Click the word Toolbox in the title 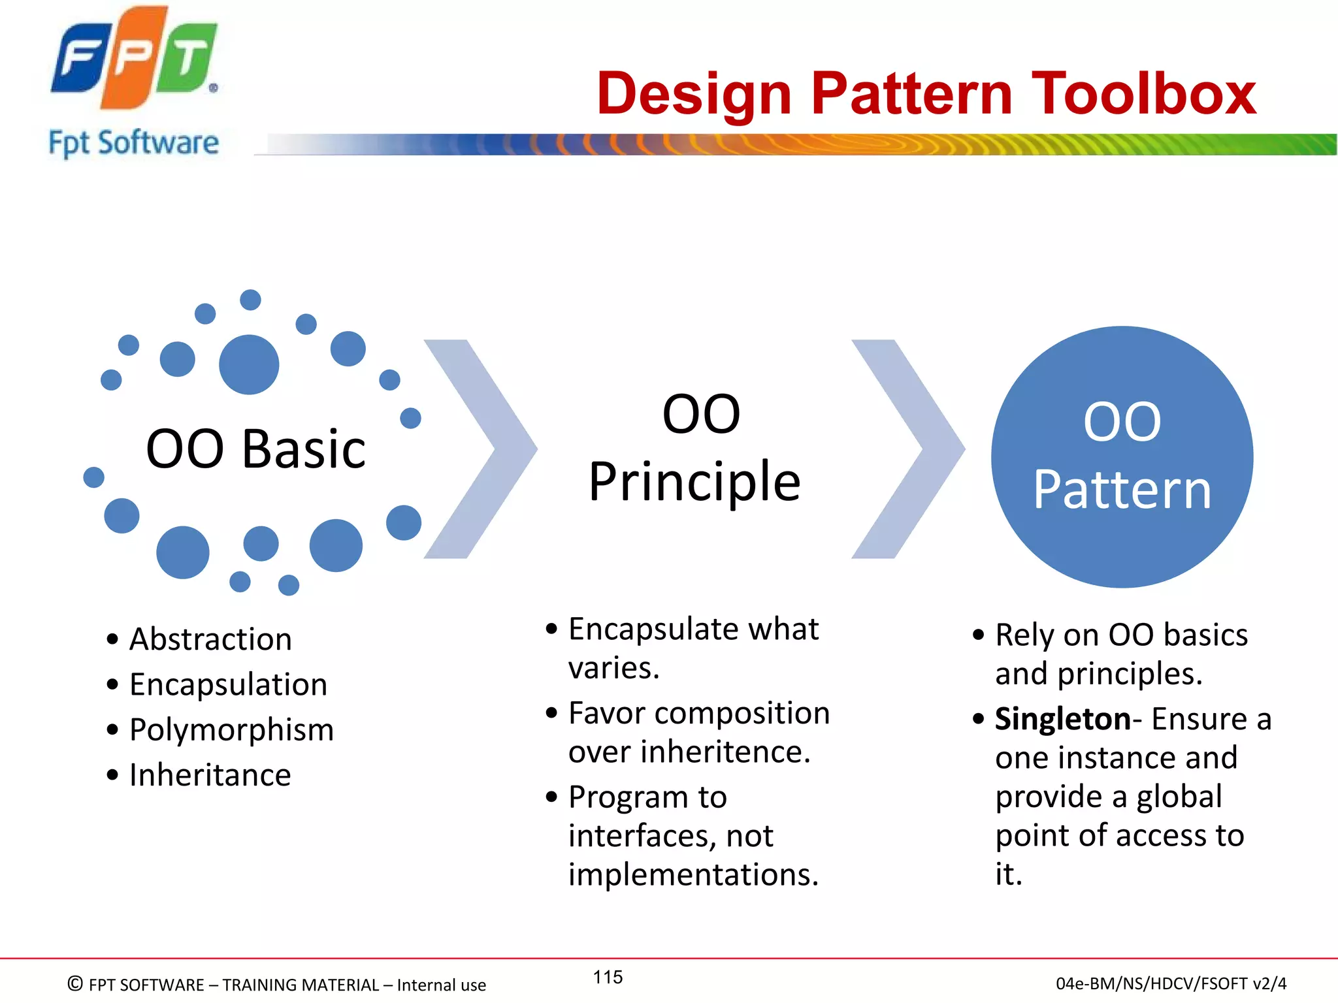(1143, 94)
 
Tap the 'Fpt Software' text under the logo (134, 143)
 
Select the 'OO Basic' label (255, 449)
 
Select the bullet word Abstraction (210, 639)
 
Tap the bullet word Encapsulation (228, 684)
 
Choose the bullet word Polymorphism (231, 729)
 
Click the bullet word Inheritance (210, 775)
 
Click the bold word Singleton (1062, 719)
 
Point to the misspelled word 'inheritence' (725, 752)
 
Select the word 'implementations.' (693, 874)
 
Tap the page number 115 (608, 977)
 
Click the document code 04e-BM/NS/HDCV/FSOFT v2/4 (1171, 983)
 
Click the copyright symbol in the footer (75, 983)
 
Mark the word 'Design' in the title (694, 94)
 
